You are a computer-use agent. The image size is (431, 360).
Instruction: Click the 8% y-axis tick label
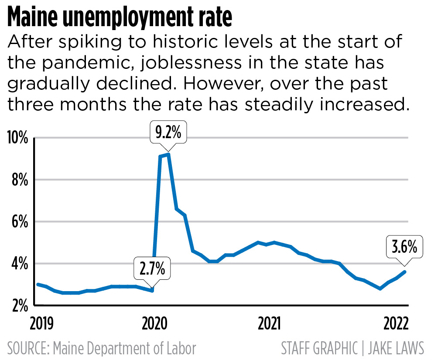tap(19, 180)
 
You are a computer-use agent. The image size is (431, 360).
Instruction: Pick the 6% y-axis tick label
tap(19, 222)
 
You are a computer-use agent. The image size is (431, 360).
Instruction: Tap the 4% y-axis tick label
tap(19, 264)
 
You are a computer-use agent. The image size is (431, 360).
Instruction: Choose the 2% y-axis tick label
tap(19, 305)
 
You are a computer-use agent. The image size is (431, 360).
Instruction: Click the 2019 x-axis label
tap(41, 324)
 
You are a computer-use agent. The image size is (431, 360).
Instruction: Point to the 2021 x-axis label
tap(269, 324)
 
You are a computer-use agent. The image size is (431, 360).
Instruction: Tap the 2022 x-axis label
tap(396, 324)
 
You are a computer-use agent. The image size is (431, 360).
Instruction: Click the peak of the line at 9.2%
tap(168, 154)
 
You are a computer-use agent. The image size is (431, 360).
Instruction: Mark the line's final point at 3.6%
tap(406, 272)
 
